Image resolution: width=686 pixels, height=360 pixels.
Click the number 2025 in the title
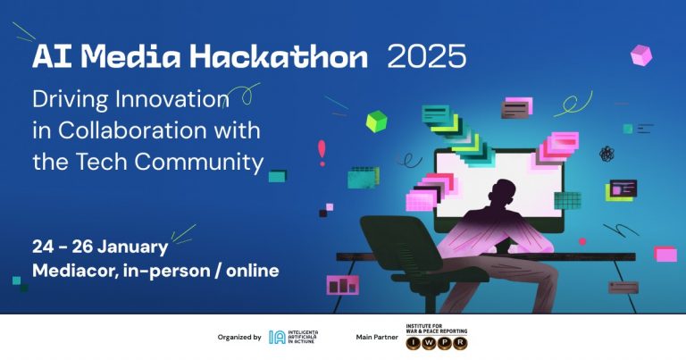coord(426,57)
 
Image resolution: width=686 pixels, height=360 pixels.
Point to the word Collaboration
coord(159,130)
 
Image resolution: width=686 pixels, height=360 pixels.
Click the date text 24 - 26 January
coord(99,247)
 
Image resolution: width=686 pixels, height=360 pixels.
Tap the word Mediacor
coord(77,270)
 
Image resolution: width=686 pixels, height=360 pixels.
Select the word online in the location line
coord(247,270)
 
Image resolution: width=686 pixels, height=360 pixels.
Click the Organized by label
coord(239,338)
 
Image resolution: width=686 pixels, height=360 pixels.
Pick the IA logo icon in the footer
coord(277,338)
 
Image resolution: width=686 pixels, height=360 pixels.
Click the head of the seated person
coord(503,195)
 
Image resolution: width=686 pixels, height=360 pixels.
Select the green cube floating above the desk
coord(376,121)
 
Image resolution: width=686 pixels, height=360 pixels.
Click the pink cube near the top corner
coord(640,55)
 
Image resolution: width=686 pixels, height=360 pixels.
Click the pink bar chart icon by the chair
coord(342,285)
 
